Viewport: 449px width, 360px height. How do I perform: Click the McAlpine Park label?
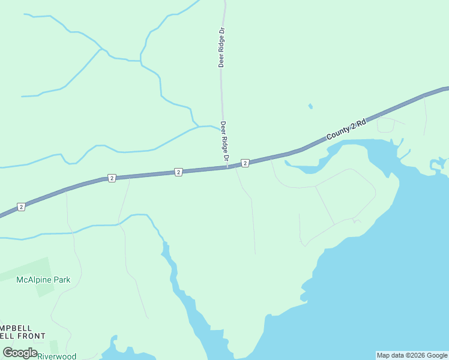pyautogui.click(x=43, y=280)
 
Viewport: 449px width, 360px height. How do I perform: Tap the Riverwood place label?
pyautogui.click(x=57, y=356)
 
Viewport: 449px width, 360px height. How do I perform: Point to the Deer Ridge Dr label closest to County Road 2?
pyautogui.click(x=224, y=142)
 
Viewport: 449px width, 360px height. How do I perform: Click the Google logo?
pyautogui.click(x=20, y=353)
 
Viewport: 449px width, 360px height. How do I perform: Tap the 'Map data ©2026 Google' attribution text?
pyautogui.click(x=412, y=355)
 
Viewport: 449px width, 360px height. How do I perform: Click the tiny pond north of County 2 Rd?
pyautogui.click(x=310, y=107)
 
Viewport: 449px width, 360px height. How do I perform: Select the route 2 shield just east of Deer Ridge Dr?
pyautogui.click(x=245, y=163)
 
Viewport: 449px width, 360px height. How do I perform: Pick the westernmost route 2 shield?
pyautogui.click(x=21, y=207)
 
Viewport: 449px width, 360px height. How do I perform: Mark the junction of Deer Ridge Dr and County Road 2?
pyautogui.click(x=228, y=167)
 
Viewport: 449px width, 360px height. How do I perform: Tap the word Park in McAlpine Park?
pyautogui.click(x=61, y=280)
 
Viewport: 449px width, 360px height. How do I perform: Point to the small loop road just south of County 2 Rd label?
pyautogui.click(x=385, y=125)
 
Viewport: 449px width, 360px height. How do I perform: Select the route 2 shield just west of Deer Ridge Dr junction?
pyautogui.click(x=178, y=172)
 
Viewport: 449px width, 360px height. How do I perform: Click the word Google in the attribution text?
pyautogui.click(x=435, y=355)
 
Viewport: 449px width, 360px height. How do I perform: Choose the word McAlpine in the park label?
pyautogui.click(x=34, y=280)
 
